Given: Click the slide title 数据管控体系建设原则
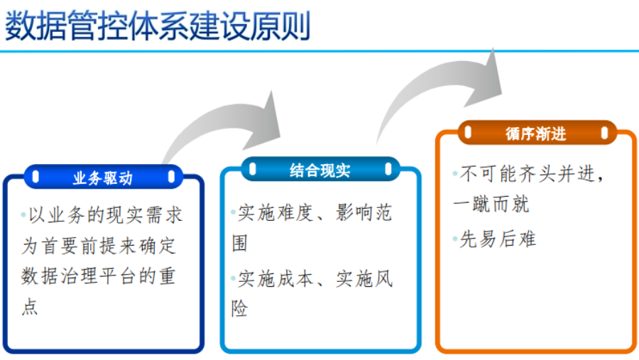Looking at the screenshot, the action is pyautogui.click(x=158, y=27).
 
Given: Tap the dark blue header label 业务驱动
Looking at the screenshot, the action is pyautogui.click(x=103, y=178).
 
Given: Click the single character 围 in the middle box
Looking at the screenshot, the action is pyautogui.click(x=240, y=244).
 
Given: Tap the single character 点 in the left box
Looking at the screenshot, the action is pyautogui.click(x=30, y=307).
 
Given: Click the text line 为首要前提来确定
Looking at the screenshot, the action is pyautogui.click(x=99, y=246).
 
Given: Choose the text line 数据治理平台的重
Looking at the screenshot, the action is pyautogui.click(x=99, y=277).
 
